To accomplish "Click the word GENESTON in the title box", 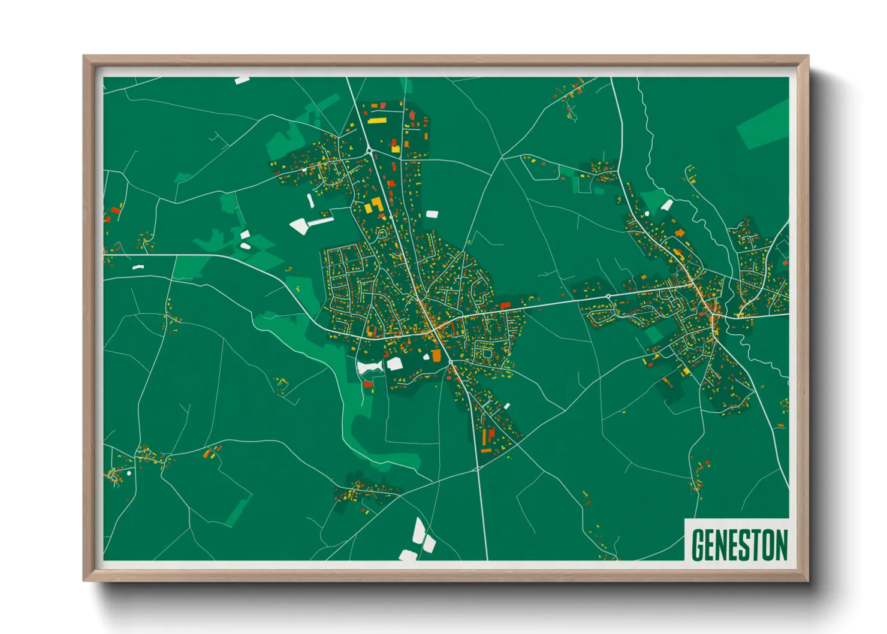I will tap(739, 545).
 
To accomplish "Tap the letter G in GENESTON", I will tap(698, 545).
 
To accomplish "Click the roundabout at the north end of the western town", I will tap(370, 150).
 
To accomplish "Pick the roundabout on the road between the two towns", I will tap(608, 297).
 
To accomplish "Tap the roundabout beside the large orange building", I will tap(451, 362).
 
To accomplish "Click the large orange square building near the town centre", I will tap(436, 356).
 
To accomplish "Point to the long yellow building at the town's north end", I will tap(376, 120).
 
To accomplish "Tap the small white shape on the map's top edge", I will tap(242, 80).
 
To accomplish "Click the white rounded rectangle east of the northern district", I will tap(432, 213).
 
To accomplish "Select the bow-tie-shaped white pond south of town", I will tap(370, 367).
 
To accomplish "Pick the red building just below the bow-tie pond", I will tap(368, 384).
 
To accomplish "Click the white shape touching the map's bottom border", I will tap(409, 555).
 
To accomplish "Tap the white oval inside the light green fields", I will tap(245, 245).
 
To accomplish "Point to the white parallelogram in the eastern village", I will tap(666, 206).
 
